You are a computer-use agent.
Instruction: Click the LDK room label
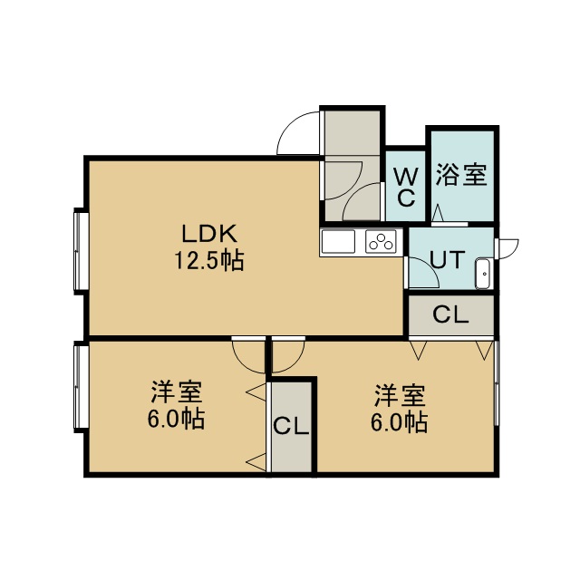click(x=209, y=234)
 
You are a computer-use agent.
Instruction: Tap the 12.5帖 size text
click(x=209, y=260)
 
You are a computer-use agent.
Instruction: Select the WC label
click(x=406, y=188)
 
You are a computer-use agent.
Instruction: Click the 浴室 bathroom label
click(x=460, y=174)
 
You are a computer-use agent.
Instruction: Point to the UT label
click(x=448, y=259)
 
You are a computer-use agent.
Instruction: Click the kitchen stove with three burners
click(x=381, y=242)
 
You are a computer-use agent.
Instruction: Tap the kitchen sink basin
click(x=338, y=242)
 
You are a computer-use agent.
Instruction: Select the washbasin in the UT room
click(x=483, y=274)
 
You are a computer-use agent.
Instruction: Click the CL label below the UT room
click(x=450, y=314)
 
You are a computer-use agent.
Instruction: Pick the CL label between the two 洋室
click(x=291, y=427)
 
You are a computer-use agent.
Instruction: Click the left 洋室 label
click(x=177, y=392)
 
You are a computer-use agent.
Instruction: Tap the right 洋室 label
click(x=401, y=395)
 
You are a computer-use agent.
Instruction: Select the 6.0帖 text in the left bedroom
click(x=177, y=419)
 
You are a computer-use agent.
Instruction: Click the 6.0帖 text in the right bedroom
click(x=400, y=422)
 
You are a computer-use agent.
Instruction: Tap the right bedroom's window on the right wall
click(x=497, y=383)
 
